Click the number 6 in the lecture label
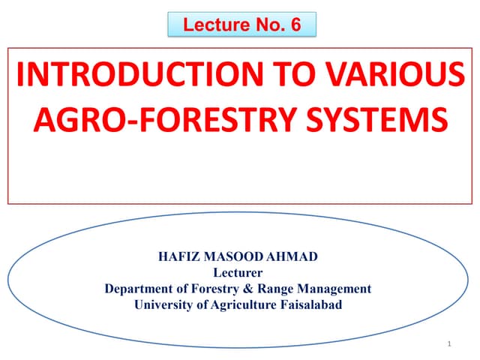295,25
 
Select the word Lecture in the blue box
210,25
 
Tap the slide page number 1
447,343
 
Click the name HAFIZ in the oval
178,256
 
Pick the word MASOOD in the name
229,256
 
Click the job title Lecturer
238,272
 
